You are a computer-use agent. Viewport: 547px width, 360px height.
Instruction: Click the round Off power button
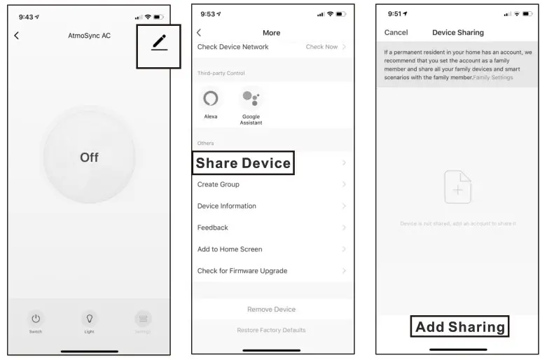point(89,157)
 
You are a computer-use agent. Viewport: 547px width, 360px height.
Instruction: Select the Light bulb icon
point(89,319)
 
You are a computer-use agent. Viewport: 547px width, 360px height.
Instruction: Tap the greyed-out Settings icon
point(143,319)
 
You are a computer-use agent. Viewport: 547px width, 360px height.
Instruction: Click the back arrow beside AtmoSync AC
point(17,36)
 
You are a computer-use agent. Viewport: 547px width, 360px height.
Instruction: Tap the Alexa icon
point(210,99)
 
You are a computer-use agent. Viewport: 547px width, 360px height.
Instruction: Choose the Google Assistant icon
point(251,99)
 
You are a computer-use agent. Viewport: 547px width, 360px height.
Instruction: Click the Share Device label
point(243,163)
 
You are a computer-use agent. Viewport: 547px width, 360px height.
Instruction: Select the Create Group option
point(219,185)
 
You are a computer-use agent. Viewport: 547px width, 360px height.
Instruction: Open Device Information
point(227,207)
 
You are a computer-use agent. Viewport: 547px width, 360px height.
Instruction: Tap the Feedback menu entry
point(213,228)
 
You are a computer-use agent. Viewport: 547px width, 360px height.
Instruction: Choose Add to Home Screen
point(230,249)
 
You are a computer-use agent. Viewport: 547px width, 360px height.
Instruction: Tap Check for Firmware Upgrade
point(242,271)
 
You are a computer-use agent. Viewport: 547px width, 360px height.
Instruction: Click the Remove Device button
point(271,310)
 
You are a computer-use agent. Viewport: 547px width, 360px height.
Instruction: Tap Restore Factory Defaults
point(271,330)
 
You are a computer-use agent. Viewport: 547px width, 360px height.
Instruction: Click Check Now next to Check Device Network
point(321,47)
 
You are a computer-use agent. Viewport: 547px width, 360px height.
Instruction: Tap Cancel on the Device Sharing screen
point(396,33)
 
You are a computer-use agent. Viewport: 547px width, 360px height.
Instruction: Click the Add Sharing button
point(459,327)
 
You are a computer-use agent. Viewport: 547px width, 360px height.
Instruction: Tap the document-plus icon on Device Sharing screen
point(458,188)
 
